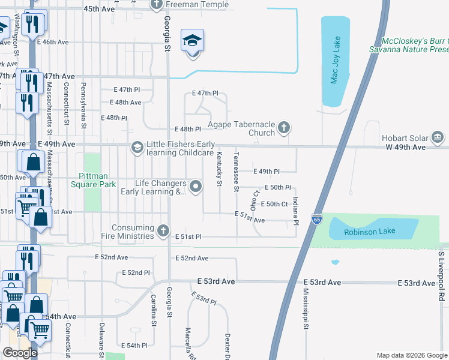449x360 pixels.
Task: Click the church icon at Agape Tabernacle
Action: (x=284, y=127)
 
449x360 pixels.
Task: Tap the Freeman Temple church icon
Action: (x=157, y=5)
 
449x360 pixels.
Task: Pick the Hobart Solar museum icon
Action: (x=439, y=139)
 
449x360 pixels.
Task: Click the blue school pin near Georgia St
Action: (x=192, y=41)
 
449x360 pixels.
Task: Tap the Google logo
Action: (x=20, y=353)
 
